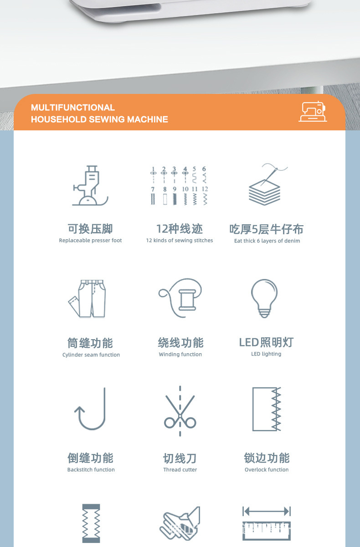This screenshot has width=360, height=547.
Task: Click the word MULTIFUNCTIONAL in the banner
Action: (73, 108)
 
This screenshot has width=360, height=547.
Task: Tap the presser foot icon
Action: (90, 186)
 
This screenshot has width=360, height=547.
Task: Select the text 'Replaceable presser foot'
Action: (90, 241)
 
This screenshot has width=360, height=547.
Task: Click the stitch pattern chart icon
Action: (180, 186)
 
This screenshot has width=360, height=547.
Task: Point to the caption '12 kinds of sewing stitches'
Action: (180, 241)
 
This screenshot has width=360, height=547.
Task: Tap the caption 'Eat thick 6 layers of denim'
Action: (267, 241)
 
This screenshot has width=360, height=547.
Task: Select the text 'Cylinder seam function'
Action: (91, 355)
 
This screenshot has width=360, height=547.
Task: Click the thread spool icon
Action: (180, 298)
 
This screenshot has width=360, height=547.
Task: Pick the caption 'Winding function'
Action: (180, 355)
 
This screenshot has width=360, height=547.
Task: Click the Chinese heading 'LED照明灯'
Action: (266, 342)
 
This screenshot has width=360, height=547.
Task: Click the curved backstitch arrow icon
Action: (91, 409)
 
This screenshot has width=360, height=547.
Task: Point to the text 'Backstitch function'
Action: (91, 470)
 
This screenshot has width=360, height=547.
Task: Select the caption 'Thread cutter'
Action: (180, 470)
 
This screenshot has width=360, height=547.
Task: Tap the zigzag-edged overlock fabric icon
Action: (267, 409)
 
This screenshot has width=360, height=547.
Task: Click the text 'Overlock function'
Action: (267, 470)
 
